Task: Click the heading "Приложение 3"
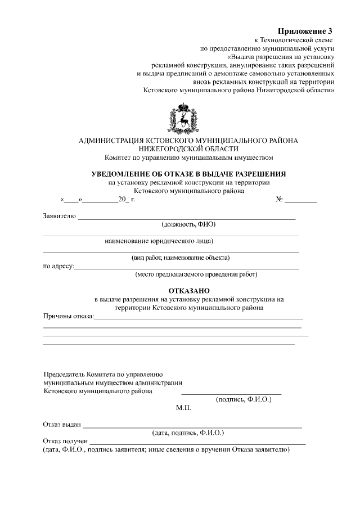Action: click(306, 30)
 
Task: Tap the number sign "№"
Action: click(278, 200)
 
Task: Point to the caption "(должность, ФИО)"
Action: click(188, 224)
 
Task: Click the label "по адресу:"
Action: click(58, 267)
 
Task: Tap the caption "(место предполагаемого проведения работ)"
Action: click(196, 275)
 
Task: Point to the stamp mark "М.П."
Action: click(183, 409)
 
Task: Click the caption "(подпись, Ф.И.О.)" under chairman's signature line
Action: click(244, 399)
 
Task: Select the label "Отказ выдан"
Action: click(62, 425)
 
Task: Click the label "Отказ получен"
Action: click(65, 442)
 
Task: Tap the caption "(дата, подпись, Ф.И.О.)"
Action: click(188, 433)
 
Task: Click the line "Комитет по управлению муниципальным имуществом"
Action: click(188, 157)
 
